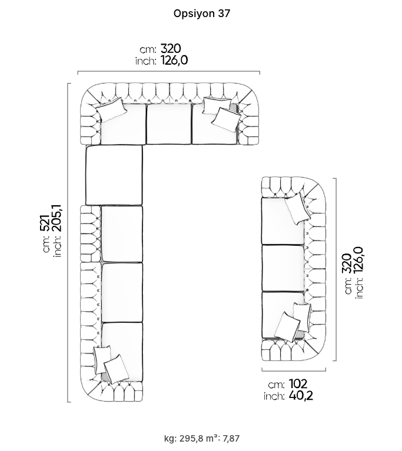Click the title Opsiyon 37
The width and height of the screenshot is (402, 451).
(x=201, y=14)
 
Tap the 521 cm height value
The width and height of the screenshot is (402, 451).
(x=45, y=223)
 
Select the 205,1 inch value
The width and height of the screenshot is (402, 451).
(x=57, y=218)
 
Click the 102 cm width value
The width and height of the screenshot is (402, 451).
(x=298, y=384)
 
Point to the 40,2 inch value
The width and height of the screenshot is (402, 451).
(x=301, y=396)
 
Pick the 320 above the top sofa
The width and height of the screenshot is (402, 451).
(x=171, y=48)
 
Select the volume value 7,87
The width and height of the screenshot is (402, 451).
(x=231, y=438)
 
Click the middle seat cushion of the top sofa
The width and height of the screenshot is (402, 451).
(x=169, y=124)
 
